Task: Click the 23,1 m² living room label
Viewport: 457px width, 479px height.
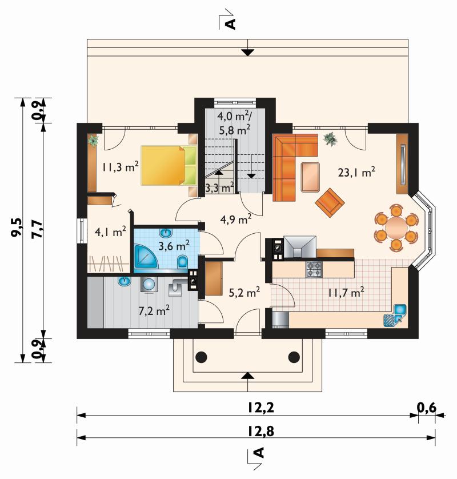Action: tap(356, 172)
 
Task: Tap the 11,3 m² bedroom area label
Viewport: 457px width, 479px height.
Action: tap(121, 167)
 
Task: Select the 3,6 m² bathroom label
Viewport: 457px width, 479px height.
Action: tap(174, 245)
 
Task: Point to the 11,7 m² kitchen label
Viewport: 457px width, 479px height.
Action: tap(346, 292)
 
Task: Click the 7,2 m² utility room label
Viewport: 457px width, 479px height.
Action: tap(154, 311)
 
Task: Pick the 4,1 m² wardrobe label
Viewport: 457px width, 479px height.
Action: tap(110, 232)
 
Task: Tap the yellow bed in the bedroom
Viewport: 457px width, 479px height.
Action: tap(169, 165)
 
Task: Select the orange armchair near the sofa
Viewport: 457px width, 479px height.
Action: tap(330, 203)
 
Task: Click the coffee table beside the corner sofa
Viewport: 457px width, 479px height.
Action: tap(310, 177)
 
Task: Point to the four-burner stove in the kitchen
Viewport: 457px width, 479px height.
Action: tap(314, 269)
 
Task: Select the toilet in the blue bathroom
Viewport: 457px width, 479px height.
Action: tap(183, 261)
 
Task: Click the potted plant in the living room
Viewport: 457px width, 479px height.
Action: tap(330, 139)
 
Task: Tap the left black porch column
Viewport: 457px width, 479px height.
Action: tap(202, 357)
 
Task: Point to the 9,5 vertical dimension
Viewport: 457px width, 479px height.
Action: tap(17, 227)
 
